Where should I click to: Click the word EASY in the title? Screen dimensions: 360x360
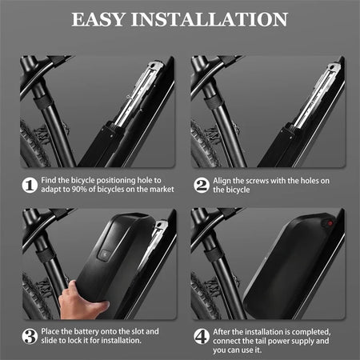click(x=102, y=18)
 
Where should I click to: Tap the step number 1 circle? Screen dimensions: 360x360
click(x=29, y=186)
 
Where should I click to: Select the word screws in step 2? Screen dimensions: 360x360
click(x=263, y=181)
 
